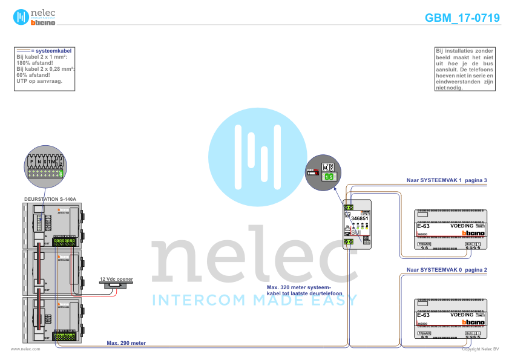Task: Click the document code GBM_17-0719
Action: pyautogui.click(x=462, y=18)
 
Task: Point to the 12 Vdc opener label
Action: pyautogui.click(x=116, y=280)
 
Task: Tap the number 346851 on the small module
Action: pyautogui.click(x=360, y=218)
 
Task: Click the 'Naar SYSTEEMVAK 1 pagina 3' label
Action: pyautogui.click(x=447, y=180)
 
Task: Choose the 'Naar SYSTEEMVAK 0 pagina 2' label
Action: pyautogui.click(x=447, y=269)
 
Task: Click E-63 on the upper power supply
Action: pyautogui.click(x=423, y=226)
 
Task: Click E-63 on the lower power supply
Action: pyautogui.click(x=423, y=315)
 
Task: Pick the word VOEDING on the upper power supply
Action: pyautogui.click(x=462, y=226)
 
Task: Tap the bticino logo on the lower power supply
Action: pyautogui.click(x=473, y=322)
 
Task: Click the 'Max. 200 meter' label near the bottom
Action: pyautogui.click(x=126, y=342)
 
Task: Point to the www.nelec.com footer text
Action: pyautogui.click(x=25, y=349)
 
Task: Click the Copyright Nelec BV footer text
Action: pyautogui.click(x=480, y=349)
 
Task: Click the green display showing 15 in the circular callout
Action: pyautogui.click(x=328, y=177)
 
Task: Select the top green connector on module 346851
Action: pyautogui.click(x=349, y=208)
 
